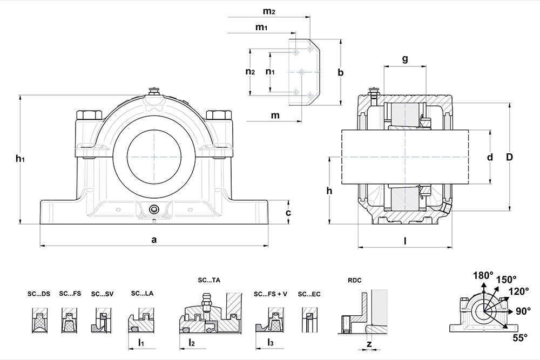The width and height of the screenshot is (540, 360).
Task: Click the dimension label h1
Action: [x=20, y=159]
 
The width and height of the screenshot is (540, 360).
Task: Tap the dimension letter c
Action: [x=288, y=213]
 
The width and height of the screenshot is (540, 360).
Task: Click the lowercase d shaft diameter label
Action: [x=490, y=158]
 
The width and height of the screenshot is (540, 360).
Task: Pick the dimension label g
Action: [x=404, y=59]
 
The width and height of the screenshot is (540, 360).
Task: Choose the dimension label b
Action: [x=340, y=72]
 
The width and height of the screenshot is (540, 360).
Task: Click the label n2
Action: [x=249, y=72]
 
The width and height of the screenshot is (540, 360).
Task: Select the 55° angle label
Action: [x=519, y=338]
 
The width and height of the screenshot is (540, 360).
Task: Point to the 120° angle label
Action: [x=519, y=291]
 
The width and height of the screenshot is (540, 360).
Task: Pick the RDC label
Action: [x=355, y=280]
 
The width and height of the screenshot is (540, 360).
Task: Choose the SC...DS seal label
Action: [x=39, y=294]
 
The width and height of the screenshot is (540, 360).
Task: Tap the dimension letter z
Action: [x=369, y=344]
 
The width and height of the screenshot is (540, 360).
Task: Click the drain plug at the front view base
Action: [x=154, y=209]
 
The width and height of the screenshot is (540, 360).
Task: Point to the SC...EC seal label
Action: [x=309, y=294]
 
